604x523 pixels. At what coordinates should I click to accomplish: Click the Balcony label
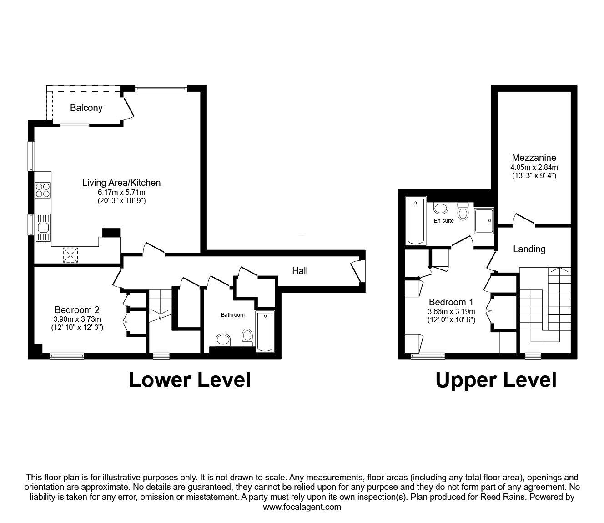86,108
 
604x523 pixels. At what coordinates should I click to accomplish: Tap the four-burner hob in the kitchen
42,190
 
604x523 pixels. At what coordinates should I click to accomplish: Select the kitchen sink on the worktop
43,228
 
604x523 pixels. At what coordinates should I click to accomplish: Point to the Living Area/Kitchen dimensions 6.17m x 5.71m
121,193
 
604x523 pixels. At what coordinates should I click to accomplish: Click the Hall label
300,271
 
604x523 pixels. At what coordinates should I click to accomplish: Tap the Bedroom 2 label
77,309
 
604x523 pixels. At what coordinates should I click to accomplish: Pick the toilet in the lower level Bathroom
247,337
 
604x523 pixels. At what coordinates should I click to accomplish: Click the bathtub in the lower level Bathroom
265,332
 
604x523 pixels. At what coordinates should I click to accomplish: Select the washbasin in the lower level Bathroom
223,340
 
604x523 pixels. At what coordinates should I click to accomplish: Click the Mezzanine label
534,158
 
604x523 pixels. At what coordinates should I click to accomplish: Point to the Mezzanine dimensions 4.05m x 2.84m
534,168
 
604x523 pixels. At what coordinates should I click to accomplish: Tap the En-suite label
443,221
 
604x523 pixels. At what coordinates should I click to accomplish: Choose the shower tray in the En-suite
484,220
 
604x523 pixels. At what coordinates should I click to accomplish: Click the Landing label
529,249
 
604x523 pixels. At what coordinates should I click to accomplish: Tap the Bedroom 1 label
451,302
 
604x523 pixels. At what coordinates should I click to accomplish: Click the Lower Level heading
190,380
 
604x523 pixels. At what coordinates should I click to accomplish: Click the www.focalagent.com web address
302,507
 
